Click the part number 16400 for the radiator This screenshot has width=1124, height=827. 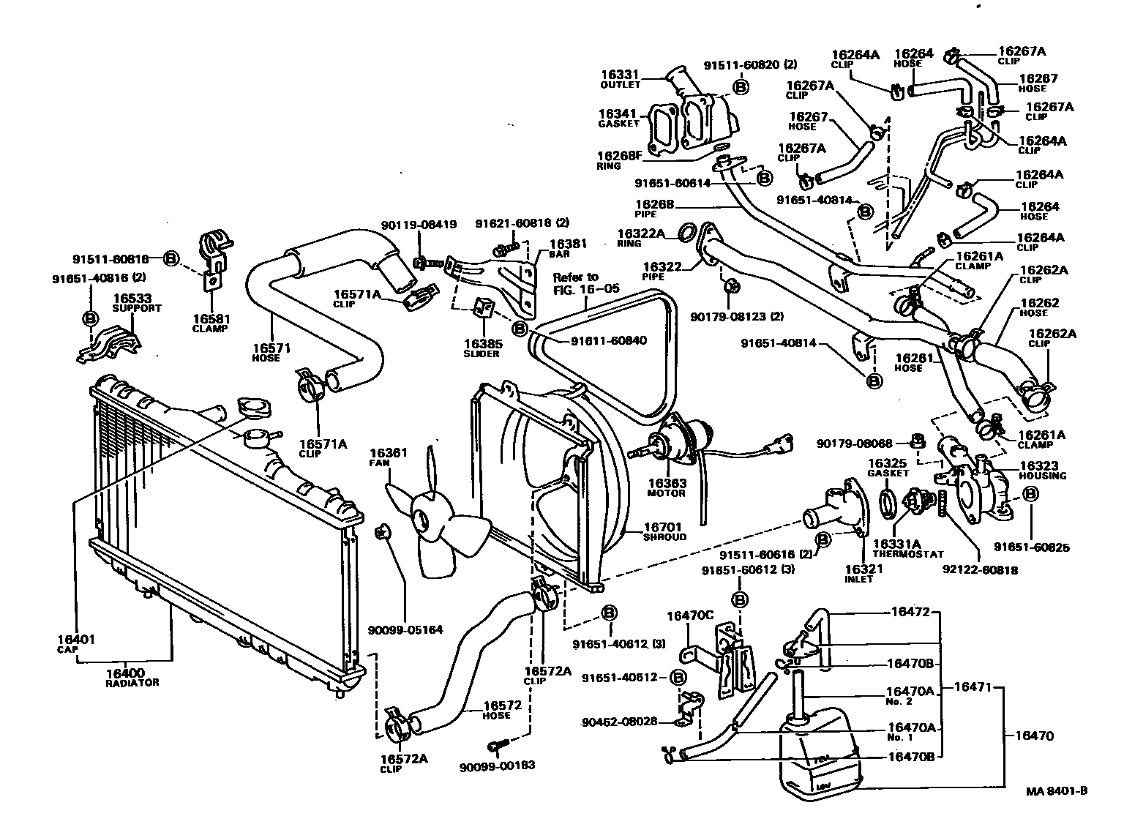(124, 673)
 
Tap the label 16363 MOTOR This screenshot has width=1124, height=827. (666, 487)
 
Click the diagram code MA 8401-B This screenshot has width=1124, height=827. (1056, 790)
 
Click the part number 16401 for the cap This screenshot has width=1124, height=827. (75, 640)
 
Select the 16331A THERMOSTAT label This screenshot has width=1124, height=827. (907, 548)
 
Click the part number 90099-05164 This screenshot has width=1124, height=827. (405, 629)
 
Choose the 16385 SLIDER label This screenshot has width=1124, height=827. (482, 348)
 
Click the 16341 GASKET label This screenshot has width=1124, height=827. (619, 118)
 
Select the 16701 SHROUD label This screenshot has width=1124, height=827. (663, 531)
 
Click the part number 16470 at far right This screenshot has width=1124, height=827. (1033, 736)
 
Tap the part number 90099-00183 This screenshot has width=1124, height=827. (498, 766)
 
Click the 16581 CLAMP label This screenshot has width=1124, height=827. (211, 323)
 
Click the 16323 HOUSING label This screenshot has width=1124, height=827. (1042, 470)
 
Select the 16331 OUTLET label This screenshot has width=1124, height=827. (621, 79)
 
